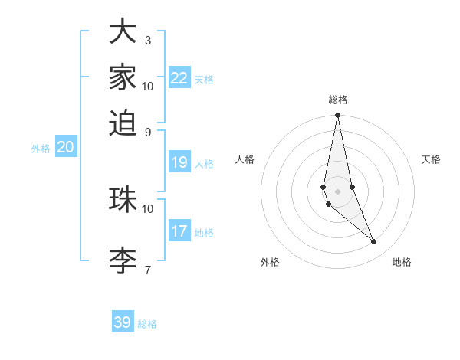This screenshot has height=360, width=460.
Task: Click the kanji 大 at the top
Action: [x=123, y=31]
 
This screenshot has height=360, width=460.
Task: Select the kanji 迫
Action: [x=123, y=123]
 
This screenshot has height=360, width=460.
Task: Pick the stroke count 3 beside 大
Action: [x=148, y=40]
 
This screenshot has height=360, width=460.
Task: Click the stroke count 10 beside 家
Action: [x=148, y=86]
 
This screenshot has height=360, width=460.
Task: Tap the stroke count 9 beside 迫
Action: [x=148, y=131]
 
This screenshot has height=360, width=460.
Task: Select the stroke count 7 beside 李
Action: [x=148, y=269]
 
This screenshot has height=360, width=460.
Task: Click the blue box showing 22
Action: [x=179, y=78]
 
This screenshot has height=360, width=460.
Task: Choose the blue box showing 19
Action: [x=179, y=162]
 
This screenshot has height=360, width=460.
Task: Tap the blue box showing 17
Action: [x=179, y=231]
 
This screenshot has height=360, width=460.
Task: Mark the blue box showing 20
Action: [x=65, y=148]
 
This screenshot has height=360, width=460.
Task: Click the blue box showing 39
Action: [x=123, y=322]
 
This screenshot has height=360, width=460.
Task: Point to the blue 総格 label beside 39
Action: [x=148, y=324]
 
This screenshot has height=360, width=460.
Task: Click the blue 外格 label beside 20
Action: [x=41, y=149]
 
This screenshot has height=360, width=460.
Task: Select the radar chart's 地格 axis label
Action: [x=402, y=262]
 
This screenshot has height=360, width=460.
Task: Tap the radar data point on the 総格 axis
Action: [x=337, y=116]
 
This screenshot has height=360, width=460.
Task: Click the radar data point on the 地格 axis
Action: [x=374, y=242]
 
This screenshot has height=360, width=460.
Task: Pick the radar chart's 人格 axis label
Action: [x=245, y=159]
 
